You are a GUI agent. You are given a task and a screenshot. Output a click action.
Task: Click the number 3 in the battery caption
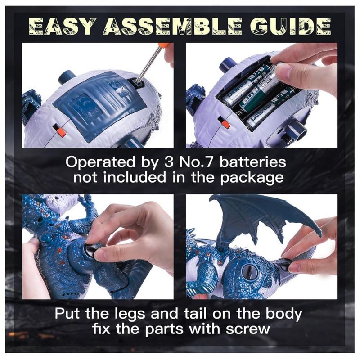click(169, 162)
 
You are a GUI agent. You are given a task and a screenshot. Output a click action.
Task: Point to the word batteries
click(253, 162)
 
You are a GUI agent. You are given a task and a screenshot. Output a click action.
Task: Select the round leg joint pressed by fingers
click(90, 251)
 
